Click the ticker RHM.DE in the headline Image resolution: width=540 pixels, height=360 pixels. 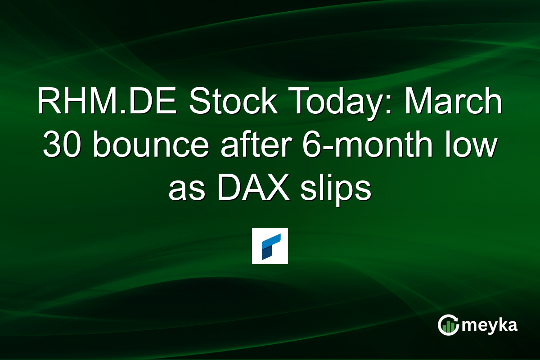pos(108,103)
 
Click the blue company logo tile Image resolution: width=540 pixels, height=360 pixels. pos(270,246)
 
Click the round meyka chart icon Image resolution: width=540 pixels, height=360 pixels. pos(448,325)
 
